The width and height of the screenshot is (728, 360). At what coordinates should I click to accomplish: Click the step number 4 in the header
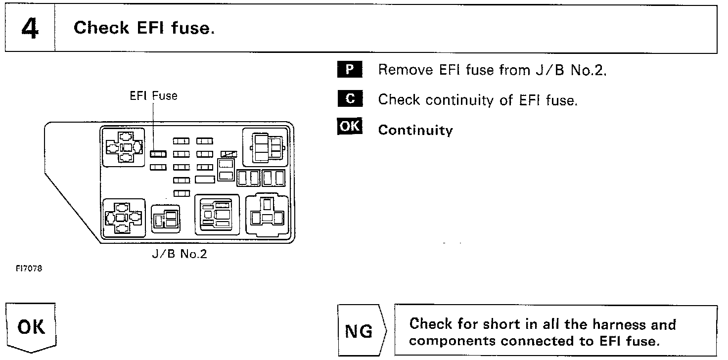(30, 29)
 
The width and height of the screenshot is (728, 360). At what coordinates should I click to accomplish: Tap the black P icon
(350, 69)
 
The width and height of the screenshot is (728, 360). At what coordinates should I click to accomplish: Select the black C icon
(350, 99)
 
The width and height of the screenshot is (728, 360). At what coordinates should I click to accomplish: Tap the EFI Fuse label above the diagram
(153, 96)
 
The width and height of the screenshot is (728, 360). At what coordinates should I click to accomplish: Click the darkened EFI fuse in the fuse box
(158, 154)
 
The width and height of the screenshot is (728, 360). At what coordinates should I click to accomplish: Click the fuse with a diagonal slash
(229, 154)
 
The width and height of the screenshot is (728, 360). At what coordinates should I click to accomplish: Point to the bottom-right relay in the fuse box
(267, 214)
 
